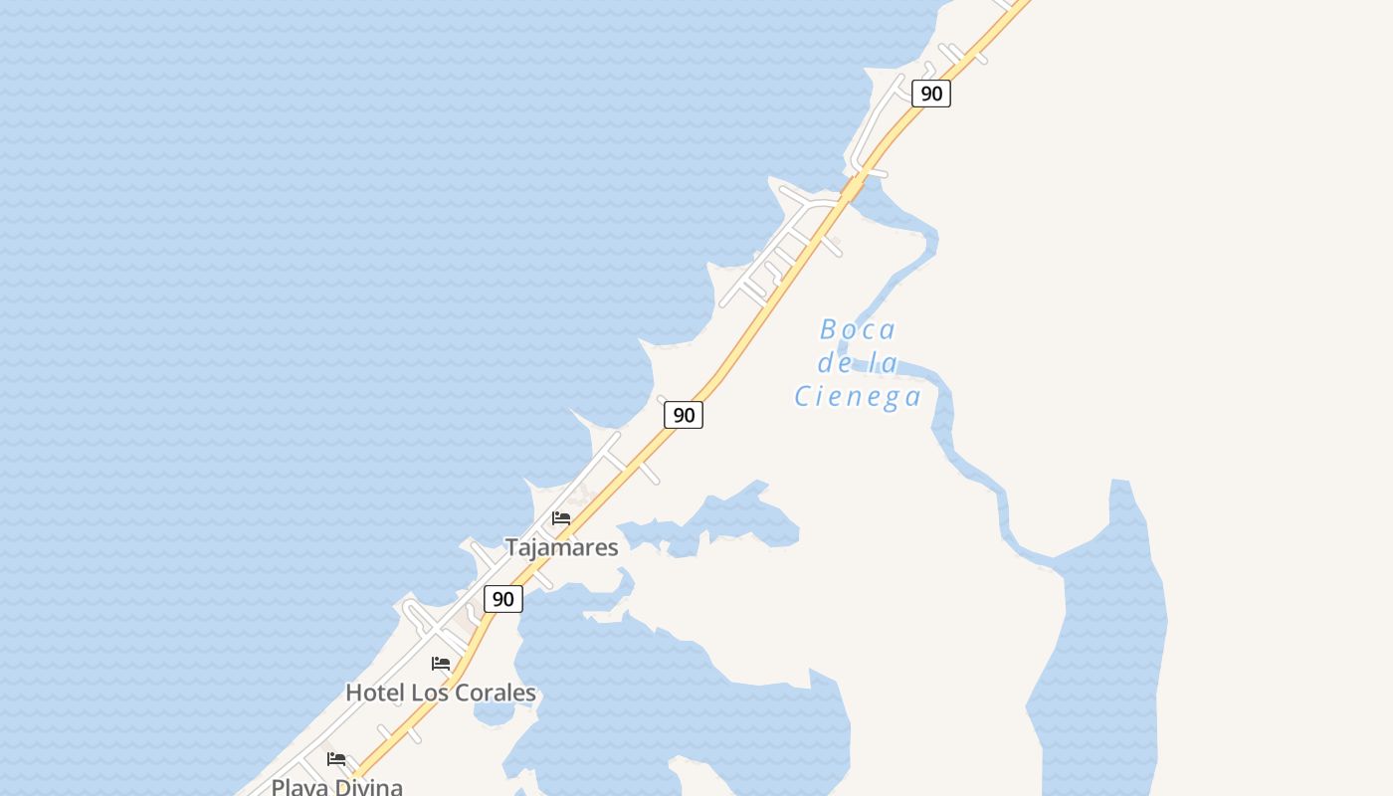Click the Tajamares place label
(561, 547)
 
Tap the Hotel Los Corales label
(440, 693)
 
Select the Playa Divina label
(337, 787)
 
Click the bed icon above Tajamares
(561, 518)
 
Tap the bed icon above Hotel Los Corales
(441, 664)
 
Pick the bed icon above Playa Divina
(336, 759)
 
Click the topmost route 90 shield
(931, 94)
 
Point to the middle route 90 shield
(684, 415)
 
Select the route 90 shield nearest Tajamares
(503, 599)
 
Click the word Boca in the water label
(857, 329)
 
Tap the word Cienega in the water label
(857, 397)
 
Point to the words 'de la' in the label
(857, 363)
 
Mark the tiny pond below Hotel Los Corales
(495, 713)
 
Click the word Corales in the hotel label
(494, 693)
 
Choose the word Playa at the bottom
(296, 787)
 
